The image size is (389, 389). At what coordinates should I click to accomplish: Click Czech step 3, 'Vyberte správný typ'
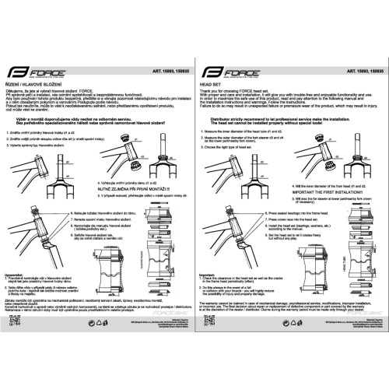pyautogui.click(x=44, y=144)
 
